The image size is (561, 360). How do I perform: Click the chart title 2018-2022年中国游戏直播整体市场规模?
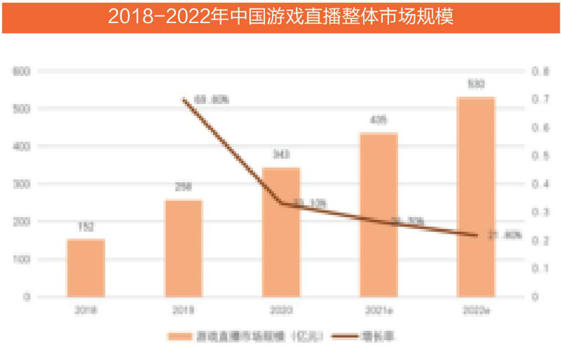click(x=280, y=17)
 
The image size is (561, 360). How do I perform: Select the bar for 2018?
click(x=86, y=268)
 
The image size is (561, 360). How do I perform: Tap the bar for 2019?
click(x=183, y=248)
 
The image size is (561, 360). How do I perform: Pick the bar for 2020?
click(x=280, y=232)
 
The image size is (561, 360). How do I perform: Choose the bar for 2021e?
click(x=379, y=215)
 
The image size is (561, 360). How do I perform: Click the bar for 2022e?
click(x=476, y=197)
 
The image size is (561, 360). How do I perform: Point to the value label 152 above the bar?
click(x=86, y=227)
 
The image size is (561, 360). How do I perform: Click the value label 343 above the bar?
click(x=280, y=154)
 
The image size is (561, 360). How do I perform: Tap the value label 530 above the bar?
click(x=476, y=84)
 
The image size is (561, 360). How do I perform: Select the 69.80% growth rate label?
click(x=211, y=100)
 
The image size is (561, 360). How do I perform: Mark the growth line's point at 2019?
click(x=183, y=100)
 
